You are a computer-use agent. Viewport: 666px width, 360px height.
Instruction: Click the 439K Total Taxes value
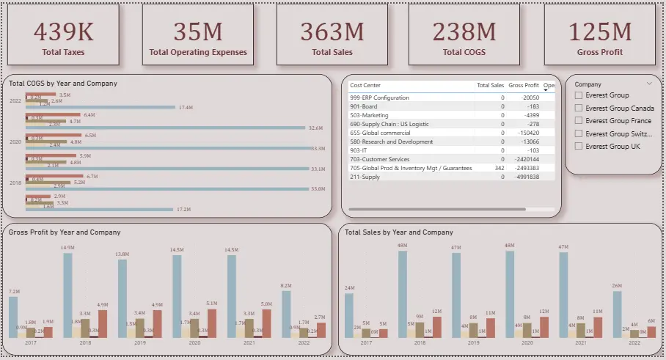click(64, 32)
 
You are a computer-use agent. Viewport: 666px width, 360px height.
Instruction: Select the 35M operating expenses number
click(198, 32)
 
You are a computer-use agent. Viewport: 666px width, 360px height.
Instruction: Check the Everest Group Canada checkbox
click(579, 109)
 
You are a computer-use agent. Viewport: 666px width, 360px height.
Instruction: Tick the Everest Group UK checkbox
click(579, 147)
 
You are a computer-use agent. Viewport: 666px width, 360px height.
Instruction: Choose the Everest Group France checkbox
click(579, 121)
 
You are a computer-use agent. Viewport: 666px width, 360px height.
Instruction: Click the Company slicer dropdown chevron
click(649, 84)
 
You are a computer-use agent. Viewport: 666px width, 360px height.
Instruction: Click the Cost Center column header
click(365, 86)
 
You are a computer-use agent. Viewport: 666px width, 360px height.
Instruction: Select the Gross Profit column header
click(524, 86)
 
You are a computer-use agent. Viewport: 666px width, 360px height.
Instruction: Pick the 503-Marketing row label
click(369, 115)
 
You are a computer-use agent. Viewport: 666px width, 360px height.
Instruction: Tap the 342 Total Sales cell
click(499, 168)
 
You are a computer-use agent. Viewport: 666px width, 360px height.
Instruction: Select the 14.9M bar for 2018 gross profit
click(67, 293)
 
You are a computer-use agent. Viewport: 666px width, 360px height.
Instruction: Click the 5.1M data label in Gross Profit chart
click(212, 304)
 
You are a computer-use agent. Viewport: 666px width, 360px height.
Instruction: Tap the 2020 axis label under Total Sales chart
click(527, 342)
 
